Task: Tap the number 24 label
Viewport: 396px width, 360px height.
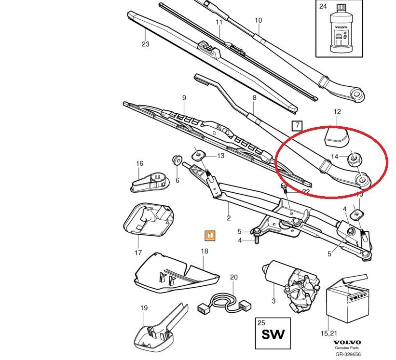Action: (323, 6)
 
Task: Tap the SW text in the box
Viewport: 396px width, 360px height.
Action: (273, 333)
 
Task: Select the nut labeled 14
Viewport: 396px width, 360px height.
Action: (355, 157)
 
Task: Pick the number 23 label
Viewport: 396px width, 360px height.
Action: (146, 44)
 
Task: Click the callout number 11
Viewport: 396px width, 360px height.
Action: (219, 22)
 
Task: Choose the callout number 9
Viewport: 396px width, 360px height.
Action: (184, 98)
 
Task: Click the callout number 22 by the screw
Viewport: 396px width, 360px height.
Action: (306, 191)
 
